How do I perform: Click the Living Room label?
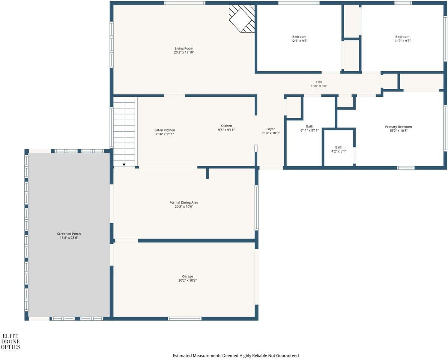(x=184, y=48)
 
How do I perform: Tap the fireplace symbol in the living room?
(x=242, y=18)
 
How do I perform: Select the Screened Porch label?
(x=69, y=234)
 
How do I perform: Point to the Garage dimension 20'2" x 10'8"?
(x=187, y=280)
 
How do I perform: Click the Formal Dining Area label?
(x=184, y=202)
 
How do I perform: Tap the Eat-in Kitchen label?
(x=164, y=130)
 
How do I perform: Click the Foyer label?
(x=271, y=129)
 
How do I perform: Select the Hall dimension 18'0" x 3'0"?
(x=319, y=86)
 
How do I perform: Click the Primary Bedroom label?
(x=398, y=127)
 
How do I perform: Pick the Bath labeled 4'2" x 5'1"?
(x=338, y=147)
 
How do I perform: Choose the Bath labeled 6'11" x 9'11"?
(x=309, y=126)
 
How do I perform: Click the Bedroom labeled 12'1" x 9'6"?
(x=299, y=37)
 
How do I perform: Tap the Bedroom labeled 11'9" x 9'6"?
(x=402, y=37)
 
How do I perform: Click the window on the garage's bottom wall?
(x=185, y=319)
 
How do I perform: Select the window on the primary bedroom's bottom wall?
(x=405, y=168)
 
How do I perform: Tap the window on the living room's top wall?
(x=185, y=3)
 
